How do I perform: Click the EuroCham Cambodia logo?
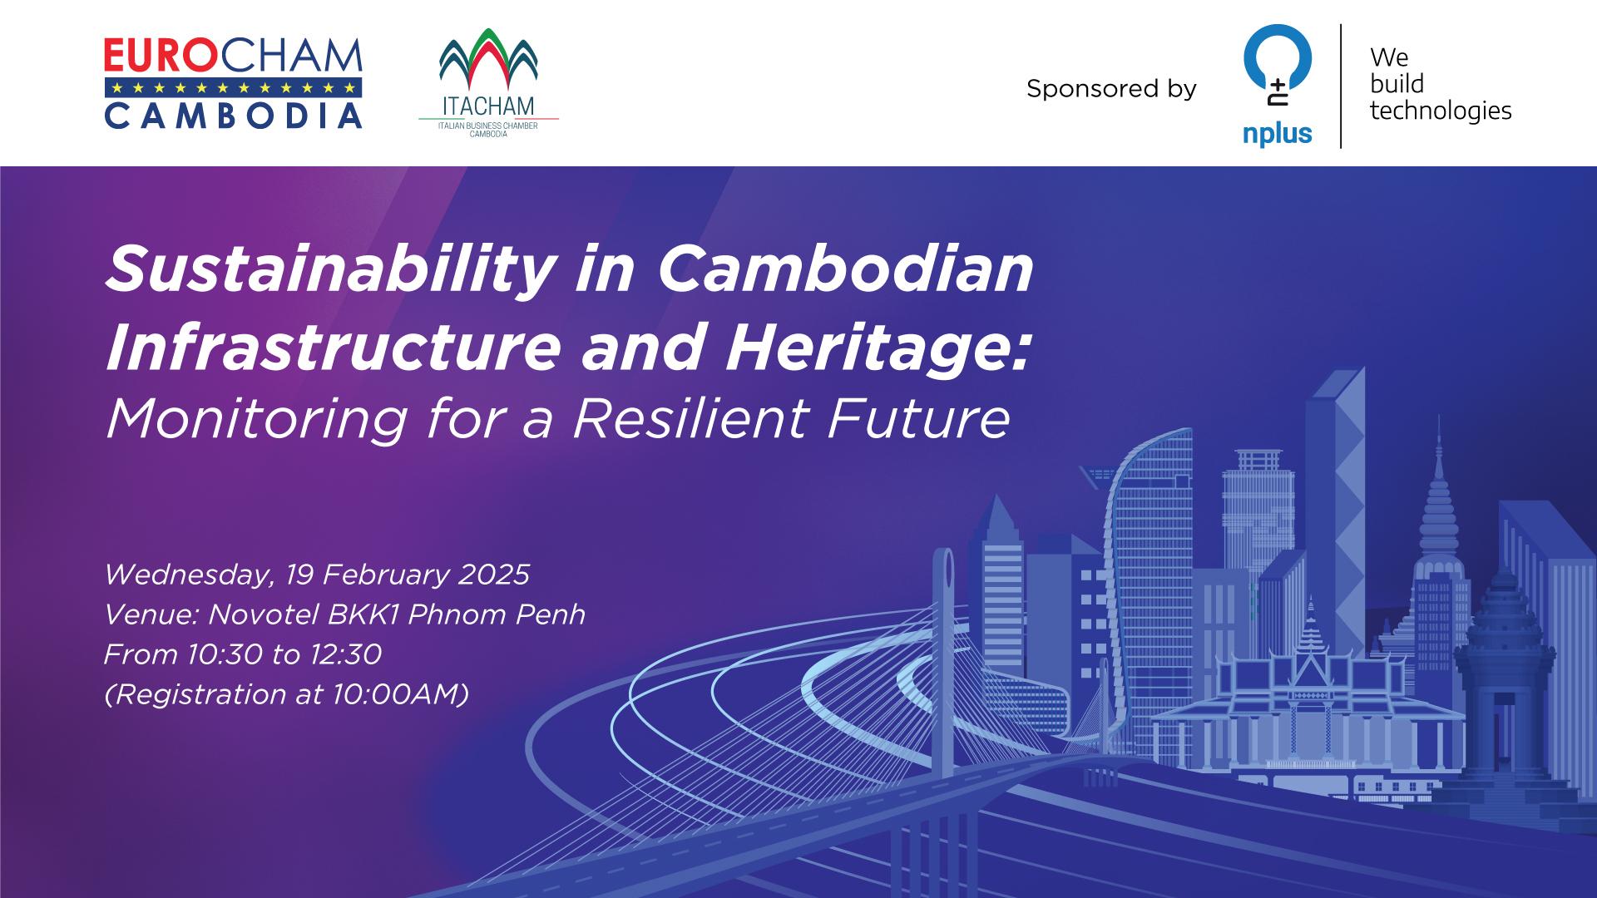tap(233, 83)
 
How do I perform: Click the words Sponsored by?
tap(1111, 89)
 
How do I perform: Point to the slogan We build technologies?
tap(1440, 84)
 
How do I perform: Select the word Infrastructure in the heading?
tap(333, 348)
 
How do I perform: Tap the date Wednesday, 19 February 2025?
tap(317, 575)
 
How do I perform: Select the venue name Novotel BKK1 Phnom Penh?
tap(397, 615)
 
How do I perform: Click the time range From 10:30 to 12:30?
tap(243, 655)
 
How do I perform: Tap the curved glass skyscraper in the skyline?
tap(1144, 565)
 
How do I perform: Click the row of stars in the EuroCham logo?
tap(233, 87)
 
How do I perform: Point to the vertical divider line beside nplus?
tap(1341, 86)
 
